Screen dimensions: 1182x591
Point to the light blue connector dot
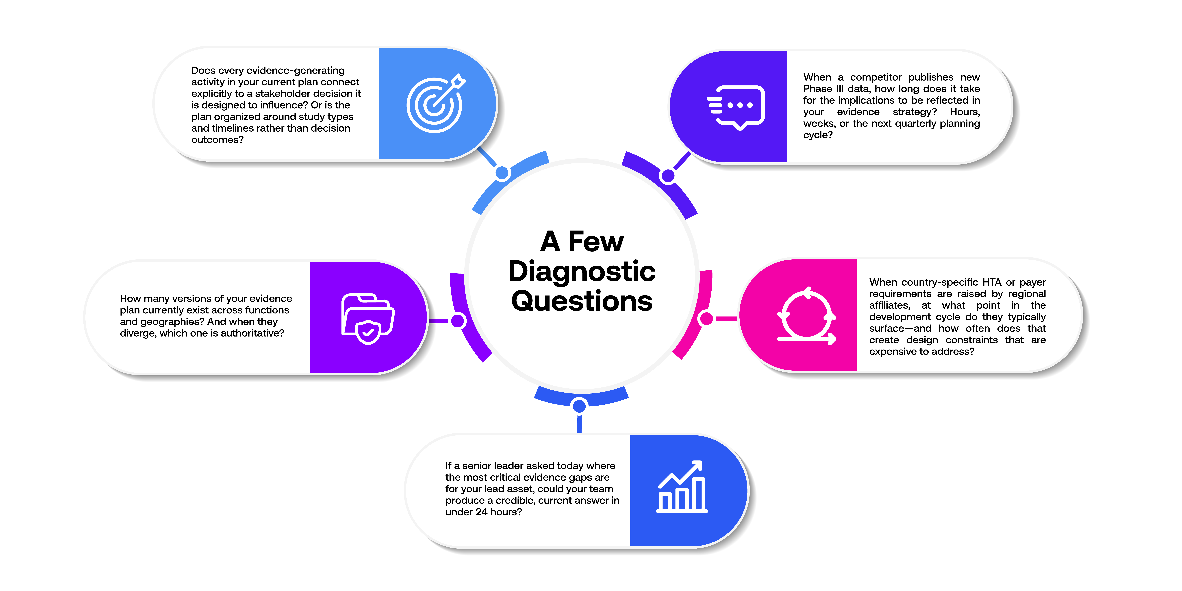pyautogui.click(x=502, y=173)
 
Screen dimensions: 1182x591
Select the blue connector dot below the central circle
pyautogui.click(x=580, y=406)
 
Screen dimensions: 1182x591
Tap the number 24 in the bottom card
pyautogui.click(x=481, y=512)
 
